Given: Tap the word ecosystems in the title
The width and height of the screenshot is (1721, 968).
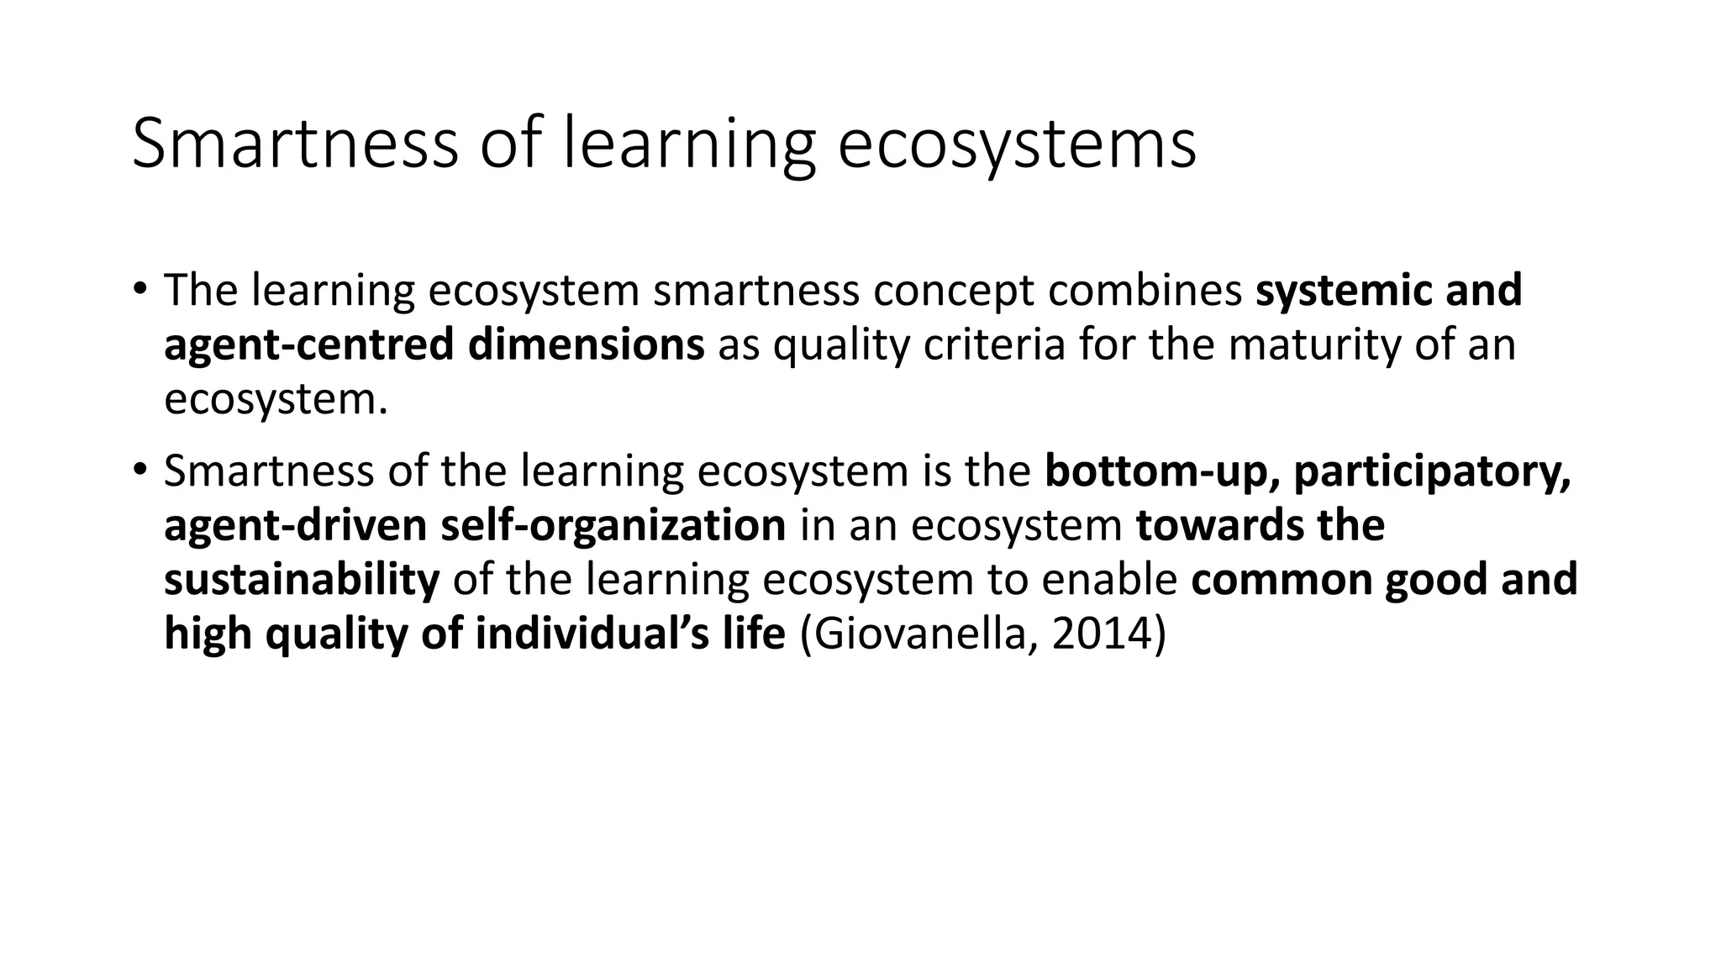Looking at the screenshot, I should pos(1017,145).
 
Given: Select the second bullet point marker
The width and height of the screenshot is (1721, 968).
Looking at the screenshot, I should pos(139,470).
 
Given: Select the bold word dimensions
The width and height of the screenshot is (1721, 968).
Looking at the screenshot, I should pos(586,345).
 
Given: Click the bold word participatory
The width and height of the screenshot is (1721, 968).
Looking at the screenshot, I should pos(1432,471).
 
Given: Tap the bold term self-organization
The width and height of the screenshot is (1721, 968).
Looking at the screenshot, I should pos(613,525).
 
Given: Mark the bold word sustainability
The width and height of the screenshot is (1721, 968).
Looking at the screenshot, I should pos(302,580).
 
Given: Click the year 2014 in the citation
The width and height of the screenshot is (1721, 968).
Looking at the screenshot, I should pos(1102,634).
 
